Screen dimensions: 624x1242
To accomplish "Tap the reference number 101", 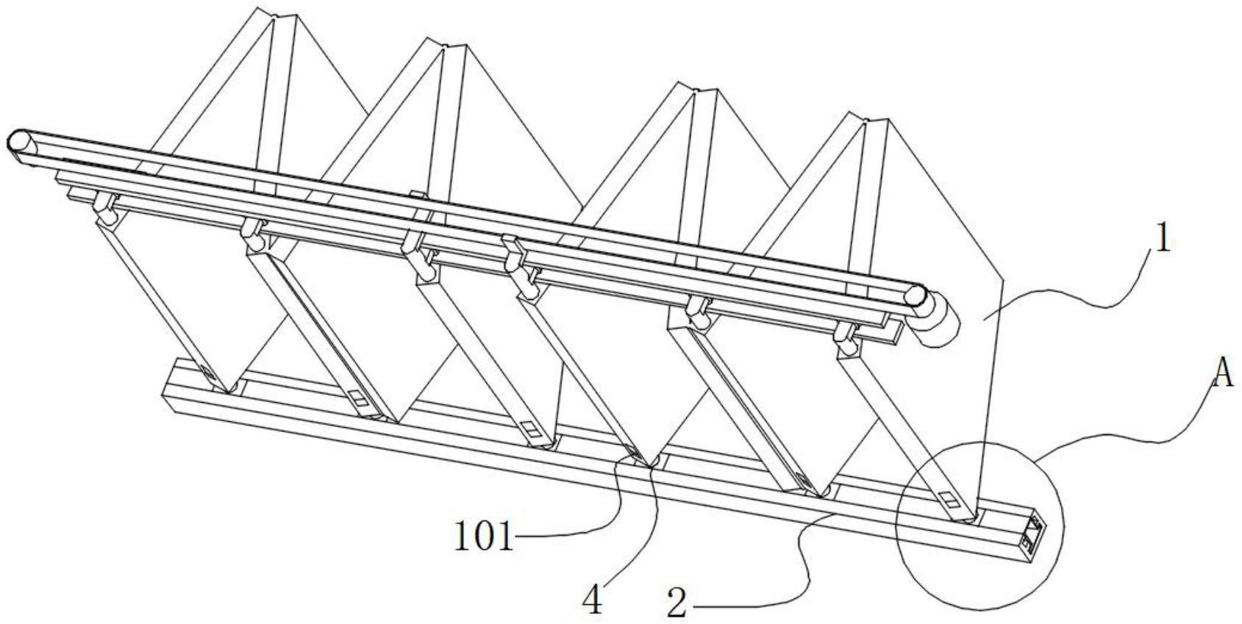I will [482, 537].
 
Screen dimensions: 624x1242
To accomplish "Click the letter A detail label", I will [1221, 375].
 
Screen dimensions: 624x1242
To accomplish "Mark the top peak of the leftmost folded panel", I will [276, 14].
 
